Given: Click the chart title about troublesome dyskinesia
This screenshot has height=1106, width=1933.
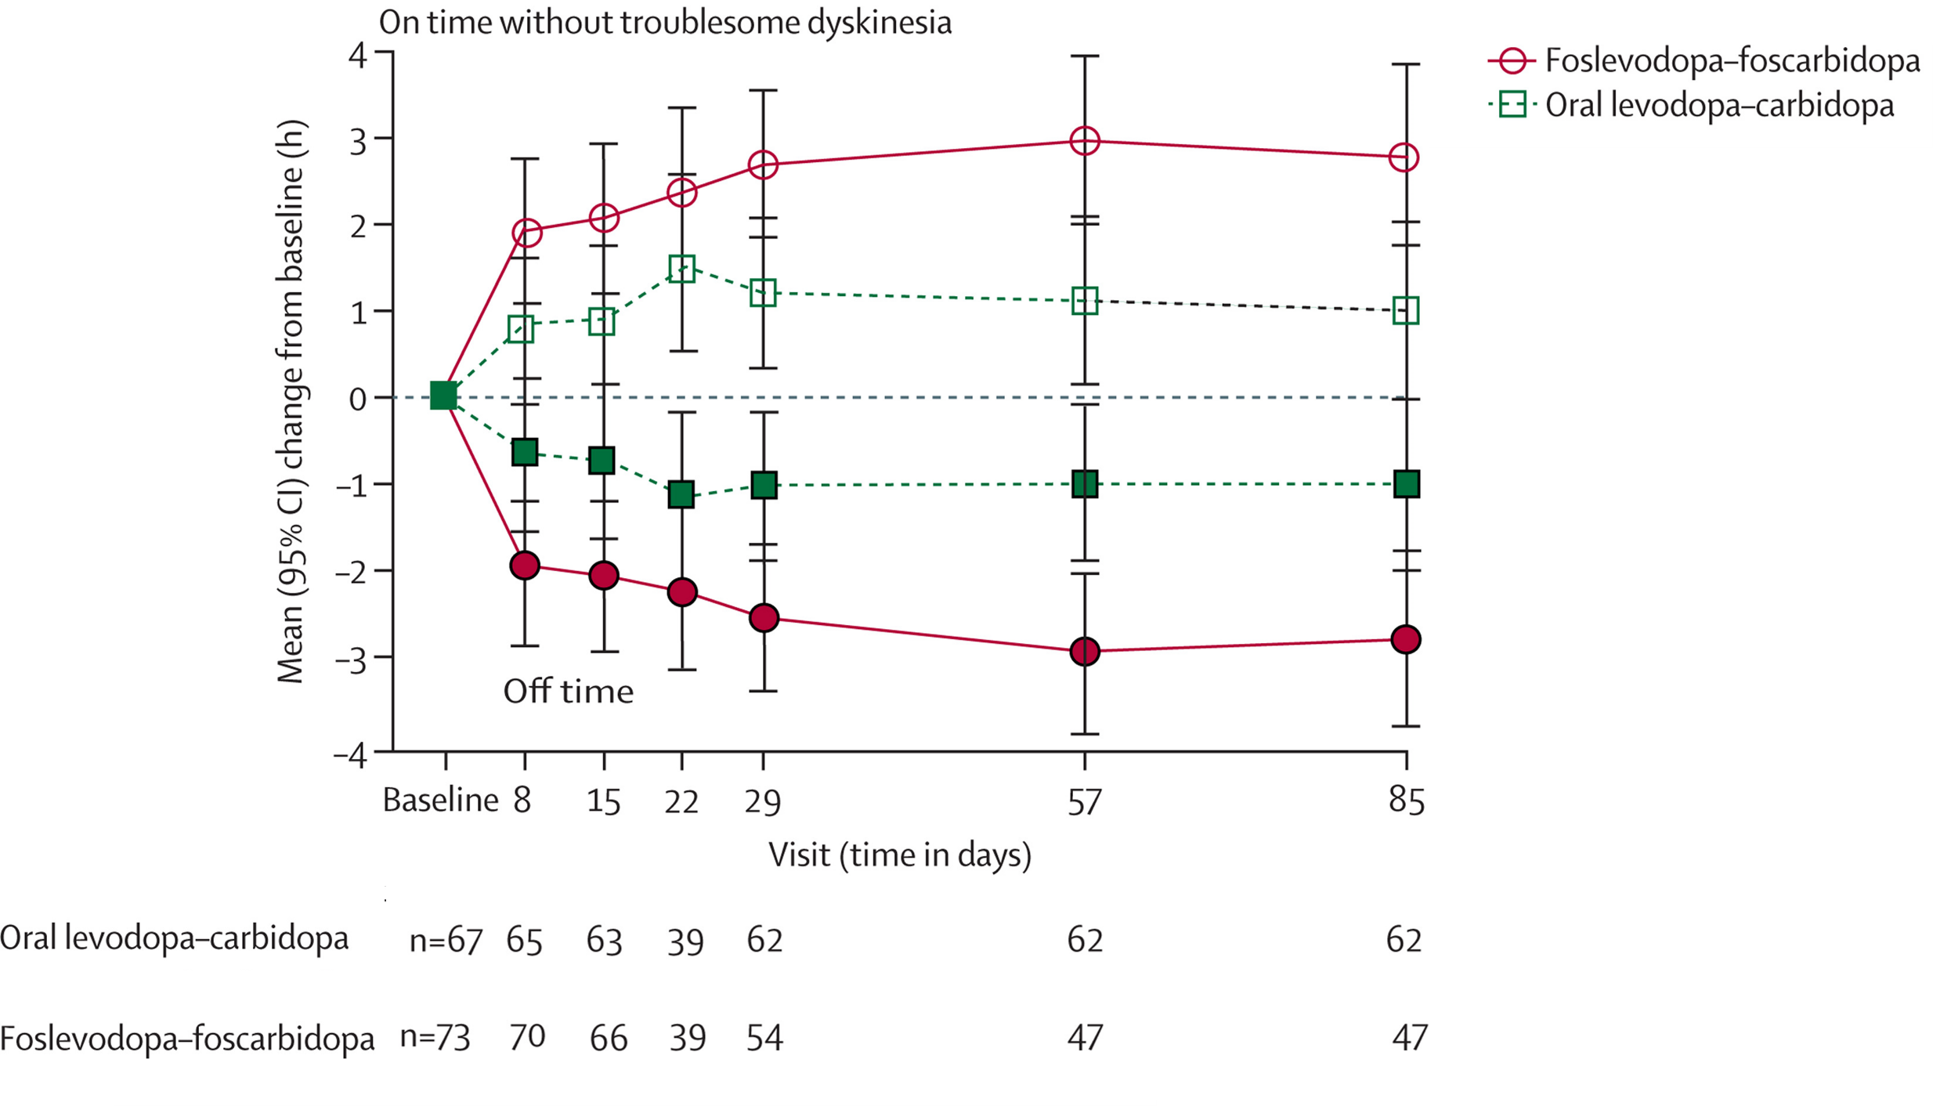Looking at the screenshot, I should tap(665, 22).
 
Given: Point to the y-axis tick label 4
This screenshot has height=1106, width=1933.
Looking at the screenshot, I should tap(357, 56).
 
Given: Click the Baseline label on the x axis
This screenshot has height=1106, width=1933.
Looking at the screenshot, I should tap(440, 801).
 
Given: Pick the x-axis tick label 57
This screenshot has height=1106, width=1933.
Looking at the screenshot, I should tap(1084, 802).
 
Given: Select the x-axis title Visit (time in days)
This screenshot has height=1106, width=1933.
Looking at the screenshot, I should tap(899, 855).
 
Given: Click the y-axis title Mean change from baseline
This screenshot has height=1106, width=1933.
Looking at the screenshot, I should tap(291, 401).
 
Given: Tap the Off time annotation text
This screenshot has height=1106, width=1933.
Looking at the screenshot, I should tap(568, 692).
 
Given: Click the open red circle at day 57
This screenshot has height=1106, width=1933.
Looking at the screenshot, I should tap(1085, 141).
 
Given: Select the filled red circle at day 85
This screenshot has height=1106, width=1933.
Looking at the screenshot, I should tap(1406, 639).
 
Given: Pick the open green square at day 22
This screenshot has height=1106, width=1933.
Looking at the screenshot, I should tap(681, 269).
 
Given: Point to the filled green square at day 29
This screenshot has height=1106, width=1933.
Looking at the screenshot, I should tap(764, 485).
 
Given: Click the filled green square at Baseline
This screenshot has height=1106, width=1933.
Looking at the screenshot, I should tap(443, 396).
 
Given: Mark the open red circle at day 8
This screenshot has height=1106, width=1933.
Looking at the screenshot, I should tap(526, 233).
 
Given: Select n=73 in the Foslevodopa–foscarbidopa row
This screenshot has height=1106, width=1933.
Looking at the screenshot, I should tap(435, 1037).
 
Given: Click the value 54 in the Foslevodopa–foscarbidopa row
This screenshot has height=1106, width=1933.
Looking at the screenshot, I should tap(764, 1038).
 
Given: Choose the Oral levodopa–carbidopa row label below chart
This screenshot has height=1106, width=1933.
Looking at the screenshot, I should tap(174, 938).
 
